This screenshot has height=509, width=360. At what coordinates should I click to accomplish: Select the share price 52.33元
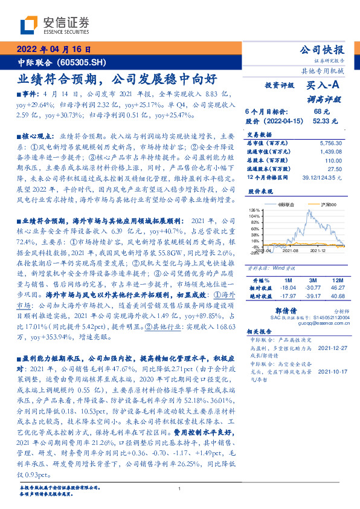point(321,121)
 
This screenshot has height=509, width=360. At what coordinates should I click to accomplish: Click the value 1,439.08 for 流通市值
point(320,150)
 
